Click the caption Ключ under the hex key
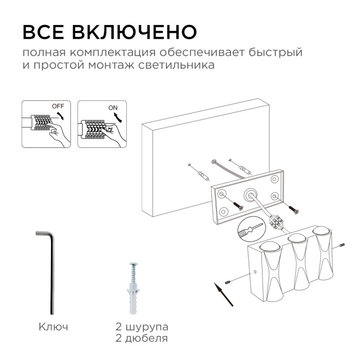[54, 327]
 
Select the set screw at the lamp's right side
[342, 244]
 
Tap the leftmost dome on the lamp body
[268, 247]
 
